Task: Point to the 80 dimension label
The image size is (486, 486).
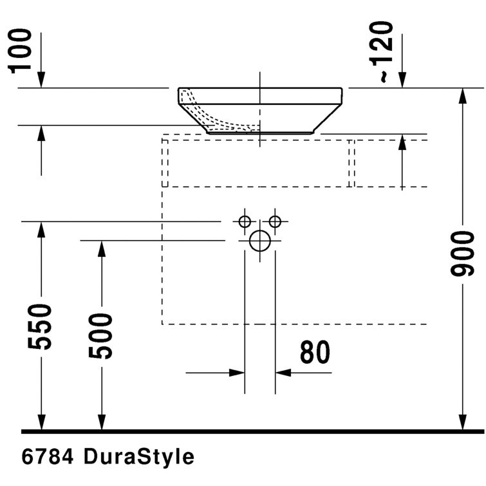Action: [x=315, y=352]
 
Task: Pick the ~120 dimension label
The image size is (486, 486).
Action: [x=384, y=51]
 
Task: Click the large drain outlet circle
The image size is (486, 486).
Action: [x=259, y=241]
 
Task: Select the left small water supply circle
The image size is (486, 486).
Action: [x=245, y=222]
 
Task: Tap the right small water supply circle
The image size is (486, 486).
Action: [x=275, y=222]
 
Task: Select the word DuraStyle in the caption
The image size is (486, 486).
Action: [x=138, y=457]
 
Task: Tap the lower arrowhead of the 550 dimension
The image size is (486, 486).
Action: [x=42, y=422]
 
